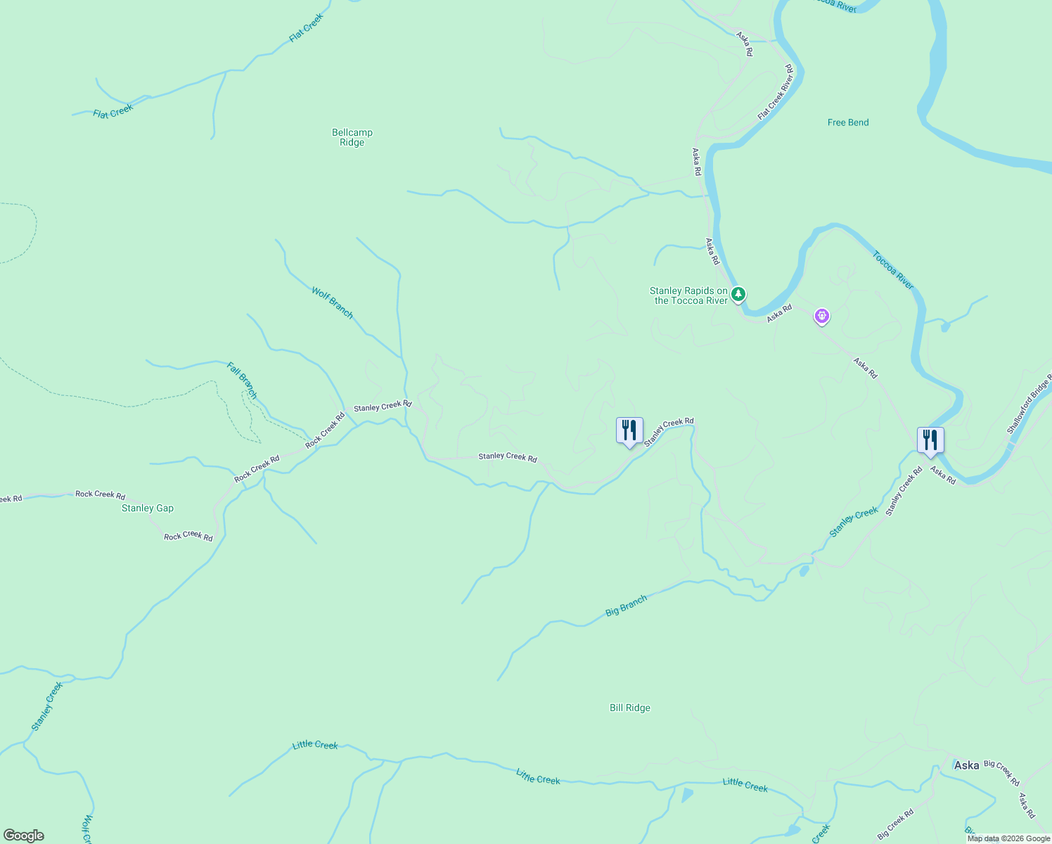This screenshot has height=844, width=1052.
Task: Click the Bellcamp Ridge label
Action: coord(352,137)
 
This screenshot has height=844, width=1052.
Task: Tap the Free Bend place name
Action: coord(848,122)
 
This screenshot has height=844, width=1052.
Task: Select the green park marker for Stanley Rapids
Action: coord(738,294)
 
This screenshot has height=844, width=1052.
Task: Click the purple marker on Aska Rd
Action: coord(821,316)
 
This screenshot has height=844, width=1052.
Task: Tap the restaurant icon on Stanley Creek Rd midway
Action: coord(629,430)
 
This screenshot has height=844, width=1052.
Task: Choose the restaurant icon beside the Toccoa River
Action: coord(930,440)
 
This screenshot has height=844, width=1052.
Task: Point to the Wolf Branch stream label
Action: coord(332,302)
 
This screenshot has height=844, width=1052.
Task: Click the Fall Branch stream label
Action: coord(242,380)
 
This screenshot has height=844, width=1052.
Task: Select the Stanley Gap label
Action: coord(148,508)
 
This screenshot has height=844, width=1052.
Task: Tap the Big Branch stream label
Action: coord(626,606)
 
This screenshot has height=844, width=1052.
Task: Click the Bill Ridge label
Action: coord(629,708)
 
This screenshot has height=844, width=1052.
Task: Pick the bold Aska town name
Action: coord(966,765)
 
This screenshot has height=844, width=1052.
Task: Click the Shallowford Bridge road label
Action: coord(1028,404)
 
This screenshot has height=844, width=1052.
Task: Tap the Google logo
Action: coord(24,836)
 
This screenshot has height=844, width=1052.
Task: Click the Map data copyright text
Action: coord(1008,838)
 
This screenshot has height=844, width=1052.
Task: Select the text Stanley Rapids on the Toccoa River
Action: coord(688,295)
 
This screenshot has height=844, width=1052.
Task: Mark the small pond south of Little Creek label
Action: coord(687,795)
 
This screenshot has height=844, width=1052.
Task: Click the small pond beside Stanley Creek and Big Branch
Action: coord(804,570)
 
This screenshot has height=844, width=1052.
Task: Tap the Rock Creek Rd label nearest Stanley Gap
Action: coord(188,536)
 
